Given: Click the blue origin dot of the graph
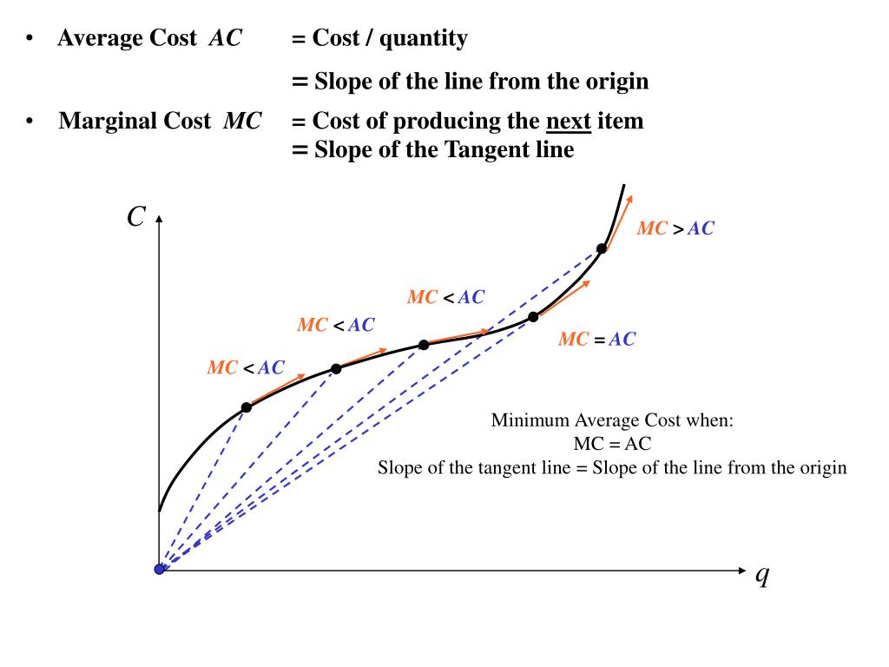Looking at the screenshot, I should pos(160,569).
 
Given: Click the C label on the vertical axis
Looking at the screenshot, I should pos(135,216).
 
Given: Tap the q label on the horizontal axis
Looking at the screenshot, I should pos(762,574).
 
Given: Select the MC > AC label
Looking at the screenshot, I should pos(675,228).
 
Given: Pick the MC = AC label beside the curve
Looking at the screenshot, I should pos(596,340).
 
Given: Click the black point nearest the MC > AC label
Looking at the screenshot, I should pos(602,248).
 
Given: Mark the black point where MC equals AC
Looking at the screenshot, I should pos(534,317).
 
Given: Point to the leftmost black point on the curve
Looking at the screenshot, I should pos(246,407).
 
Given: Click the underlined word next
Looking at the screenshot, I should pos(569,121).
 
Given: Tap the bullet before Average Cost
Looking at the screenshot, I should pos(30,39).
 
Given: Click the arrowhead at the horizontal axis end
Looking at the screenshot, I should pos(741,570).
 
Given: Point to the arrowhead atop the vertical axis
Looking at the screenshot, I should pos(159,220).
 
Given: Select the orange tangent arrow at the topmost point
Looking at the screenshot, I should pos(619,222).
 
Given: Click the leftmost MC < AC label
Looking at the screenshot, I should pos(245,368).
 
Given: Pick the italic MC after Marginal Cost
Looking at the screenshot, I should pos(242,121).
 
